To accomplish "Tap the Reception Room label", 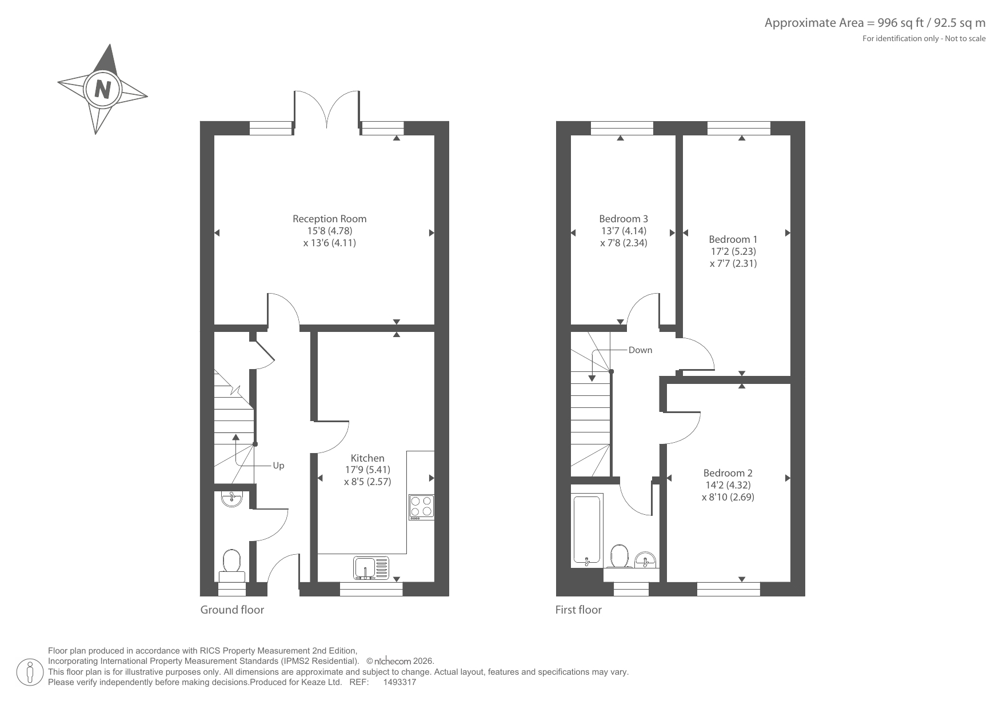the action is point(329,219).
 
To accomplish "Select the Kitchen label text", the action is point(367,458).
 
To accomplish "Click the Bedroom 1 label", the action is point(733,239).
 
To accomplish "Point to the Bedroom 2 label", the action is point(728,473).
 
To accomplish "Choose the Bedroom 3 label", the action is point(624,219).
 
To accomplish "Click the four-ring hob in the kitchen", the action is point(422,507).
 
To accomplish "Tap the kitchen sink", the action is point(371,568).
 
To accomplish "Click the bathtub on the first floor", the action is point(587,531).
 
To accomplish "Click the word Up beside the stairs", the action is point(278,466).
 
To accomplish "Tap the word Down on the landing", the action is point(640,350).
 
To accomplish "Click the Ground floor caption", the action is point(232,610).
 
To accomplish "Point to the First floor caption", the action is point(578,610).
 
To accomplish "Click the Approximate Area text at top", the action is point(875,23).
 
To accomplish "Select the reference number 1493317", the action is point(399,682).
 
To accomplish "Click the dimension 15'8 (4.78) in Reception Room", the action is point(330,231).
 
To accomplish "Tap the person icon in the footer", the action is point(30,672).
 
